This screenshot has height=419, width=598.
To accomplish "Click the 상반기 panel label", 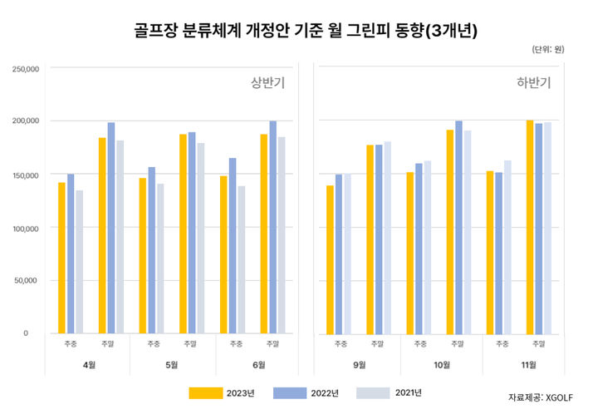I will pyautogui.click(x=267, y=82).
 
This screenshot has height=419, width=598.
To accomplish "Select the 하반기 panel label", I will pyautogui.click(x=533, y=82).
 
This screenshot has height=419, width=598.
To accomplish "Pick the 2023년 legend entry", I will pyautogui.click(x=218, y=392).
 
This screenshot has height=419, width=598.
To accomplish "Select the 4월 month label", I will pyautogui.click(x=90, y=364).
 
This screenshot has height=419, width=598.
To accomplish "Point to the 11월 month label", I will pyautogui.click(x=526, y=364).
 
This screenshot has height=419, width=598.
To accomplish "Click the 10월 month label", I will pyautogui.click(x=441, y=364).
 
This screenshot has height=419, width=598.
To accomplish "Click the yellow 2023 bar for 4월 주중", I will pyautogui.click(x=61, y=258).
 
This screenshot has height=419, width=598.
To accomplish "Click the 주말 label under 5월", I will pyautogui.click(x=192, y=343).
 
